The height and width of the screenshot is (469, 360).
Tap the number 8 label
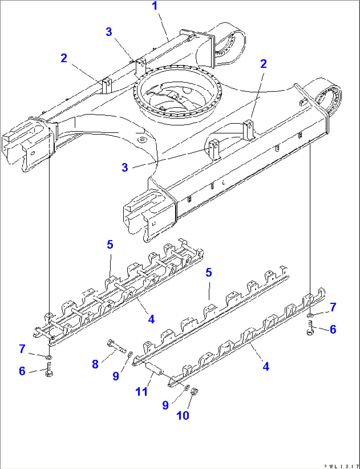[95, 364]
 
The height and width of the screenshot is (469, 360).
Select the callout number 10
[183, 415]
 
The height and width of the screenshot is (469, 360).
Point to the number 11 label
[142, 392]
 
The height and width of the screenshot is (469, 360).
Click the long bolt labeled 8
[117, 347]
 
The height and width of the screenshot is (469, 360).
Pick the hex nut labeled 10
[195, 391]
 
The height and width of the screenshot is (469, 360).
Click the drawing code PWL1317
[342, 466]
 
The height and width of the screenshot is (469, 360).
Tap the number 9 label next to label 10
[165, 405]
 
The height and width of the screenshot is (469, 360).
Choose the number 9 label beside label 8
[116, 376]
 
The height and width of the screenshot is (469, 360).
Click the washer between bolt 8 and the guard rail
[129, 354]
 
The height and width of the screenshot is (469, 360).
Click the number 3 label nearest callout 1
[109, 32]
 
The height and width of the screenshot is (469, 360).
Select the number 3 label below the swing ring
[125, 167]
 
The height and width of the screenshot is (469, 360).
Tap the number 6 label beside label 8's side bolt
[22, 371]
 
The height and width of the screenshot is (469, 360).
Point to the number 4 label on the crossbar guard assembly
[151, 319]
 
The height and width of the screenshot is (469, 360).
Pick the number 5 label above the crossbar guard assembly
[110, 245]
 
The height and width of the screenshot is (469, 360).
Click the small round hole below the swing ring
[143, 140]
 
